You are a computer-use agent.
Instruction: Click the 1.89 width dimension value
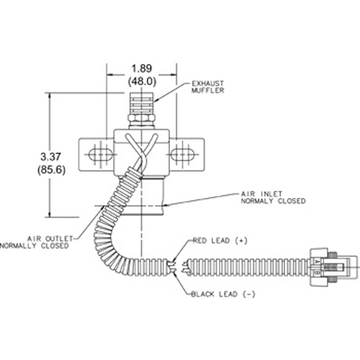(142, 68)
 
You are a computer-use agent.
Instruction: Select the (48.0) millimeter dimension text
(142, 81)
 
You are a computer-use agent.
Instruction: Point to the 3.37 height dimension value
(50, 157)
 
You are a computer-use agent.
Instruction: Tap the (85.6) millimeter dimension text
(51, 170)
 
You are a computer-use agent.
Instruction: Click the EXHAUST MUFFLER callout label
(207, 87)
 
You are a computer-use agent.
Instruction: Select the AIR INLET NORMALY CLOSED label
(273, 197)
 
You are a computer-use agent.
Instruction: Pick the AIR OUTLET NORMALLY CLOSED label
(36, 242)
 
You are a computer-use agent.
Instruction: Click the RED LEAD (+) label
(220, 240)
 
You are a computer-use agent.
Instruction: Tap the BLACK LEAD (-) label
(223, 294)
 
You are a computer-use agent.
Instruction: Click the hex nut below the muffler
(141, 118)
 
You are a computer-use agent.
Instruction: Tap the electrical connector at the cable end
(333, 267)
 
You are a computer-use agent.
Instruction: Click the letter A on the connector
(317, 261)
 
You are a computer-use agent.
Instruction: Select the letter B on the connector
(317, 273)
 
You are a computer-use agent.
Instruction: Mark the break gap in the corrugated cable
(178, 267)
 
